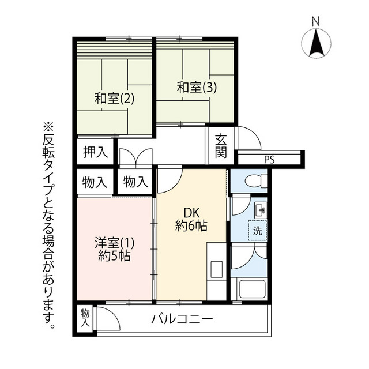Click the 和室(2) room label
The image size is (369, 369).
(x=114, y=99)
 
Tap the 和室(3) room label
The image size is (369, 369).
(x=197, y=87)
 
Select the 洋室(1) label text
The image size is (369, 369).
(x=114, y=243)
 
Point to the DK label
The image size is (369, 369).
(x=191, y=213)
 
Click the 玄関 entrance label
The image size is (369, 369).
(x=221, y=146)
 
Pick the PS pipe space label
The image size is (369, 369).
(x=269, y=160)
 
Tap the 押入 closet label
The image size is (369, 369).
(x=96, y=152)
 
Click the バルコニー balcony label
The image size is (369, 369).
(x=182, y=319)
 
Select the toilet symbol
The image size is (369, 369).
(x=256, y=181)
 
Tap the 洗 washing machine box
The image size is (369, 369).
(x=258, y=231)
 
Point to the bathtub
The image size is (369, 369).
(x=253, y=289)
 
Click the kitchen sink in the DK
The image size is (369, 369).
(x=217, y=269)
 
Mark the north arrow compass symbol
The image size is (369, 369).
(x=316, y=43)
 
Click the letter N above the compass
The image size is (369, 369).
(x=315, y=21)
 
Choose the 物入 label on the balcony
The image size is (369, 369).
(x=85, y=318)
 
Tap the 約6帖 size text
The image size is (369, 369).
(x=191, y=226)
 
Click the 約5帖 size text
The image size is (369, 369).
(x=114, y=256)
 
